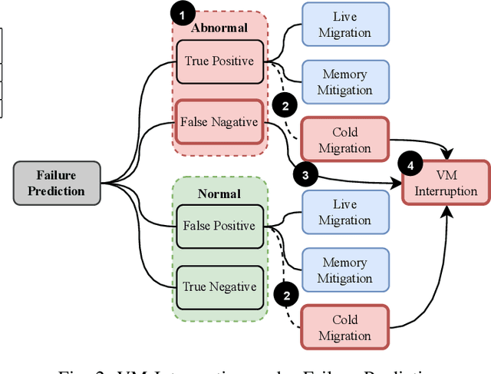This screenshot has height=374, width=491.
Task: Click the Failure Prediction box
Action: coord(58,183)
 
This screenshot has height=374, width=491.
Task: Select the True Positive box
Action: coord(219,60)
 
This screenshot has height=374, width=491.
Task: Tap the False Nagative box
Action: coord(219,121)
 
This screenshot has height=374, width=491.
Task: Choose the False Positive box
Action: coord(219,226)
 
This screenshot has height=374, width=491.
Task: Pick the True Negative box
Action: coord(219,287)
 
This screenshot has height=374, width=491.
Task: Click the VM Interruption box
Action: coord(446,182)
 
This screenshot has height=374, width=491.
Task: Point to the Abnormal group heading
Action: coord(219,28)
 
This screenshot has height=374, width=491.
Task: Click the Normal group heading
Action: coord(219,194)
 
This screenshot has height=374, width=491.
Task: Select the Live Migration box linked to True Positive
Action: coord(344,25)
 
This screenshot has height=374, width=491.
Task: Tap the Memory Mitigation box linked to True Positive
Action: coord(344,82)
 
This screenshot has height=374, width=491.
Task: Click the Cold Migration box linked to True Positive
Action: coord(344,140)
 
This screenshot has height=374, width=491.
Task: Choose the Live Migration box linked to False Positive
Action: coord(344,212)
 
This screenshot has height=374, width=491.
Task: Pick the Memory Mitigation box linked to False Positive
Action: coord(344,270)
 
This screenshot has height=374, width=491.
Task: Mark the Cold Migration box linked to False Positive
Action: coord(344,328)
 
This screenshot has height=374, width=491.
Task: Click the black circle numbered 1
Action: coord(183,13)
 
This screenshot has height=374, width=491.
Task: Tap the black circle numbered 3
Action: coord(306,175)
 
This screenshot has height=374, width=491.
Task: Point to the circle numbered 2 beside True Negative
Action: coord(285,294)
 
